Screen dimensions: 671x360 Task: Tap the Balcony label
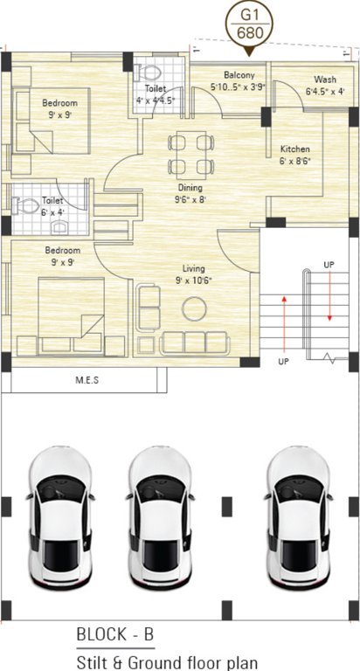[239, 75]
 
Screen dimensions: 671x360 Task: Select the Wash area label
[325, 80]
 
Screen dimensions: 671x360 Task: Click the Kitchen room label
[295, 149]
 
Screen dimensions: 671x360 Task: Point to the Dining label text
[190, 188]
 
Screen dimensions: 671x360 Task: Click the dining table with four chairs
[190, 154]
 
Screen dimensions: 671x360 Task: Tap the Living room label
[193, 268]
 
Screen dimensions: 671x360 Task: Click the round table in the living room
[193, 308]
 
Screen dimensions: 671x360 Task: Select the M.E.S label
[87, 380]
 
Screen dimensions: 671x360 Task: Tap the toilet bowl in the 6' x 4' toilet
[21, 206]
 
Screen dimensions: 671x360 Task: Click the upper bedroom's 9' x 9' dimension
[59, 114]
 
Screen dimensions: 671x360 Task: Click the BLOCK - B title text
[114, 633]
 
